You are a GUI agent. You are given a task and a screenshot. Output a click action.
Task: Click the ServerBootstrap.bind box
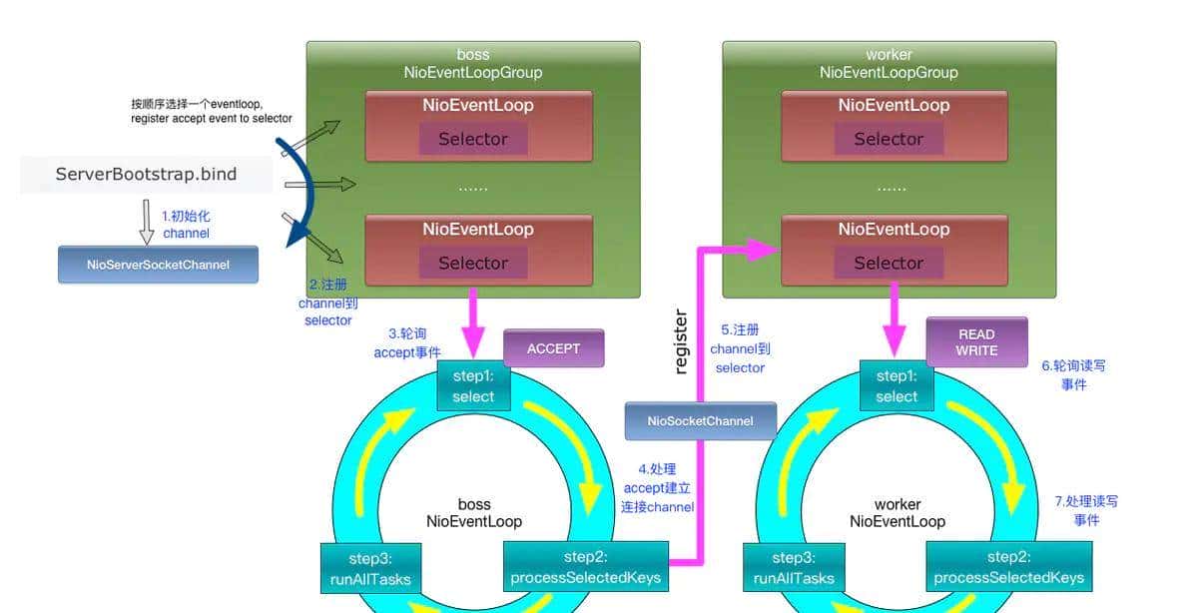click(x=147, y=175)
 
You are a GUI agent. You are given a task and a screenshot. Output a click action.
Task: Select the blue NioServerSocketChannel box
click(x=158, y=265)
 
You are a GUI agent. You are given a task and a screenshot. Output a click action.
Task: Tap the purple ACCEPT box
click(x=553, y=348)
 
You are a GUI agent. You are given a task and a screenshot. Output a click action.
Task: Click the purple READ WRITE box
click(x=976, y=342)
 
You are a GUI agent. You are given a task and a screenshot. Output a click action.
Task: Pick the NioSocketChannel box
click(x=700, y=421)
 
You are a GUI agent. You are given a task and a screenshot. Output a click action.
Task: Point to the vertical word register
click(x=681, y=341)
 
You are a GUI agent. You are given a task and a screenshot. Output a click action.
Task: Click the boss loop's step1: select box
click(x=473, y=386)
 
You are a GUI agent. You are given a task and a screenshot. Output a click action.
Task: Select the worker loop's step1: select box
click(x=897, y=386)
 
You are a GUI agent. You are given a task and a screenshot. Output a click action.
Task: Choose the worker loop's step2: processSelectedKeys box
click(x=1008, y=567)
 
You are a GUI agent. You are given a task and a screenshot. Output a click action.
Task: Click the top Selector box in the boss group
click(x=473, y=139)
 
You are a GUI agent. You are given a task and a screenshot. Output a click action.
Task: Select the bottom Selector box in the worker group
click(x=889, y=263)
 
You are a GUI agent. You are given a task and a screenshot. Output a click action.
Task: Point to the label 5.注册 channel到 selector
click(x=740, y=348)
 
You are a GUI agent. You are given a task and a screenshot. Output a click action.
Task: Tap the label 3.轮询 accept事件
click(x=407, y=342)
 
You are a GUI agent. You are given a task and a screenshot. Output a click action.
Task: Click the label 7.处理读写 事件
click(x=1086, y=510)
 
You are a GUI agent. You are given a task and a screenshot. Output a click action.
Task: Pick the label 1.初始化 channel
click(x=187, y=225)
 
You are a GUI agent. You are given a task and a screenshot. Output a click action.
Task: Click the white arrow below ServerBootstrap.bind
click(x=147, y=222)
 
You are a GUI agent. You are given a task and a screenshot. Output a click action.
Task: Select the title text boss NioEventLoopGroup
click(x=473, y=64)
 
